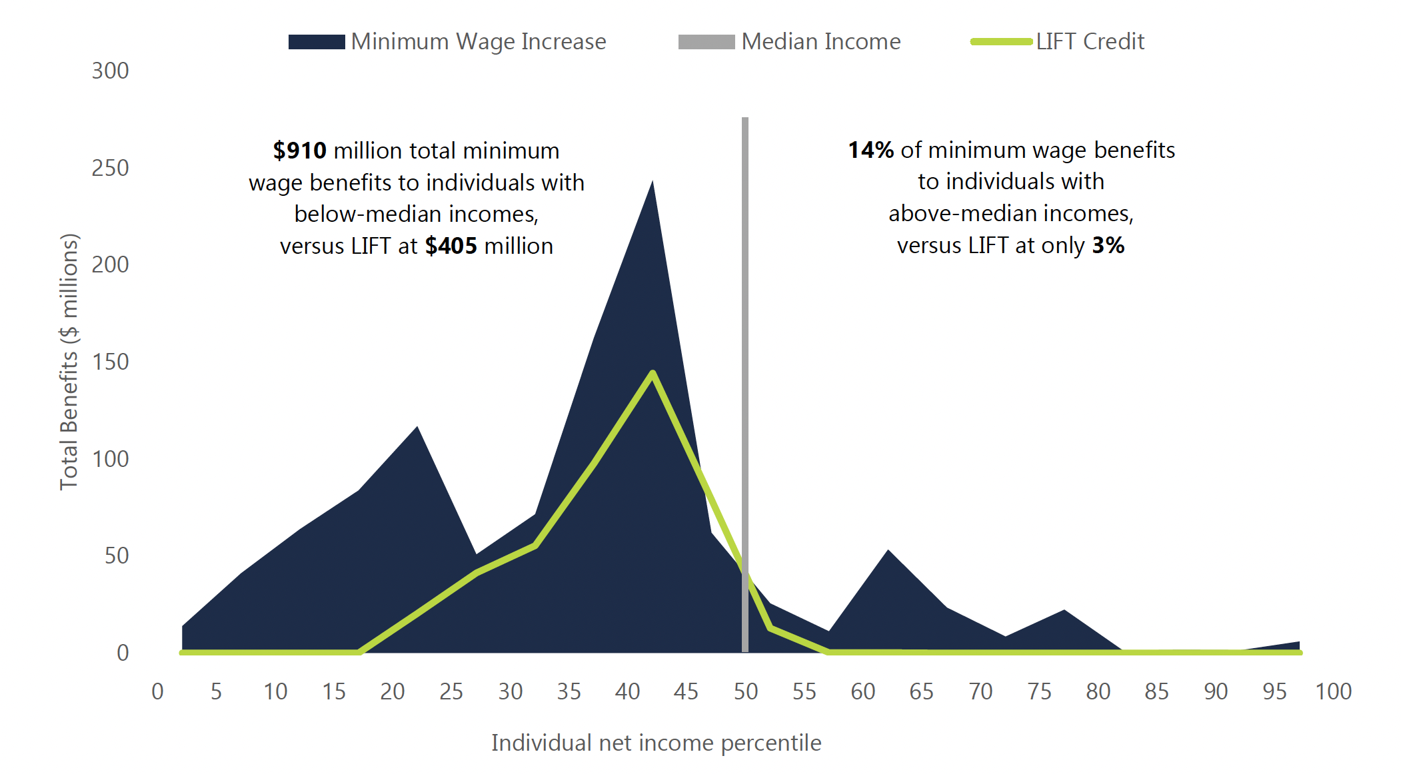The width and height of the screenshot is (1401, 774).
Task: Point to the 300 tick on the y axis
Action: coord(111,71)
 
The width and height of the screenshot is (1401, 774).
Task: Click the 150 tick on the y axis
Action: coord(111,362)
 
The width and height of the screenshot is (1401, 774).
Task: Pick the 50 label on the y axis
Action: coord(117,556)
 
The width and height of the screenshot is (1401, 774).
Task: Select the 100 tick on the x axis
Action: coord(1333,691)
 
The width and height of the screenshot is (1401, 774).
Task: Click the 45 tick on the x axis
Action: coord(686,691)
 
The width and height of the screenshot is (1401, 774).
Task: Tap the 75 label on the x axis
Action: coord(1039,691)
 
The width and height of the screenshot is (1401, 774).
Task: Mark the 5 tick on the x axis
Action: coord(216,691)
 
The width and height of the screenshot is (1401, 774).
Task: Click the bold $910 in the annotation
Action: coord(300,151)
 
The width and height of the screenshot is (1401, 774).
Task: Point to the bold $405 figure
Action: coord(451,246)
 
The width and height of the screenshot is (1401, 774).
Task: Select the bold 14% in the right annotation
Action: coord(870,150)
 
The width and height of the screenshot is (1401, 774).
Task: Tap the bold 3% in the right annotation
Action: coord(1108,245)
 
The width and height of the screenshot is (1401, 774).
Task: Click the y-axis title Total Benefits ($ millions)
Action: coord(69,362)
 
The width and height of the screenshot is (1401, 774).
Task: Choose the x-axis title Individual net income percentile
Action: coord(656,742)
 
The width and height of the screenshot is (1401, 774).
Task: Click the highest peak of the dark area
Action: coord(653,182)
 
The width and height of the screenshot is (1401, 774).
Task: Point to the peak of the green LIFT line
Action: coord(653,373)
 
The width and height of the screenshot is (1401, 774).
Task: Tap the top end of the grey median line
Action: coord(745,120)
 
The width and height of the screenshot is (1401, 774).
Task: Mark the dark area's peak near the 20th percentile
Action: coord(417,427)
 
